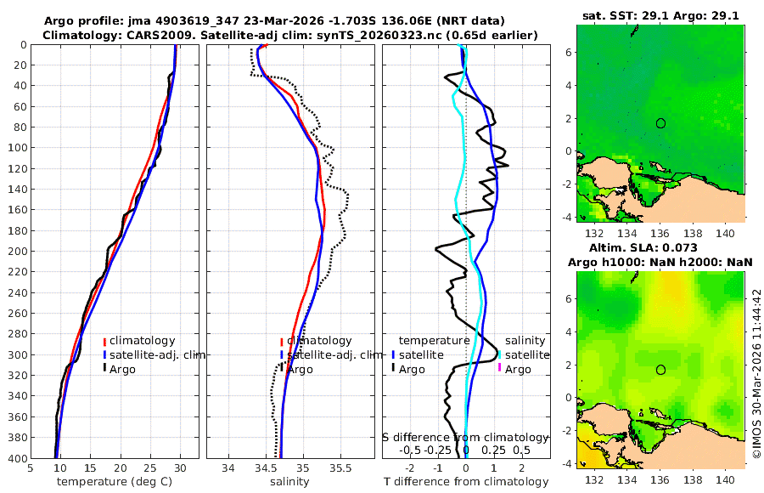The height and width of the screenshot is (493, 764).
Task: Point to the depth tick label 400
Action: coord(16,458)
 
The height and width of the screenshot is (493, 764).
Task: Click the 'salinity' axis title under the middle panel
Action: coord(289,482)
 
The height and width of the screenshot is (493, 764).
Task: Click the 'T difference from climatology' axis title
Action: coord(466,482)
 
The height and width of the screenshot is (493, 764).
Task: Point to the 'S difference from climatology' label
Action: coord(466,437)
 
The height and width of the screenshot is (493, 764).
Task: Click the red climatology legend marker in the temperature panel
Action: coord(104,341)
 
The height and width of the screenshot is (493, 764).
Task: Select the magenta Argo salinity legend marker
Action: coord(499,369)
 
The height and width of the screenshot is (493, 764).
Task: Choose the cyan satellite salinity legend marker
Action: coord(499,354)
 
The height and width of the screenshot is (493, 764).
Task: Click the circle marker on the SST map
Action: coord(660,123)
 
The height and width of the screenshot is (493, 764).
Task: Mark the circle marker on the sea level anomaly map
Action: coord(660,370)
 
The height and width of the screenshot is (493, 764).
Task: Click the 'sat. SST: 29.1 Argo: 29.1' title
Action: coord(660,15)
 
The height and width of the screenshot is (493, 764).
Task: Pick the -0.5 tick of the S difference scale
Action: coord(411,450)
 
